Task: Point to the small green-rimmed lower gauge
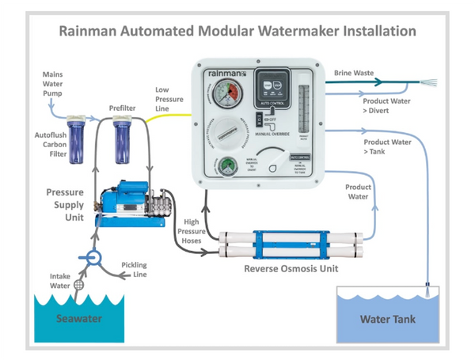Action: tap(227, 168)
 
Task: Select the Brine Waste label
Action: tap(352, 73)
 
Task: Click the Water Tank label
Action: tap(387, 321)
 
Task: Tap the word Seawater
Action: tap(80, 319)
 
